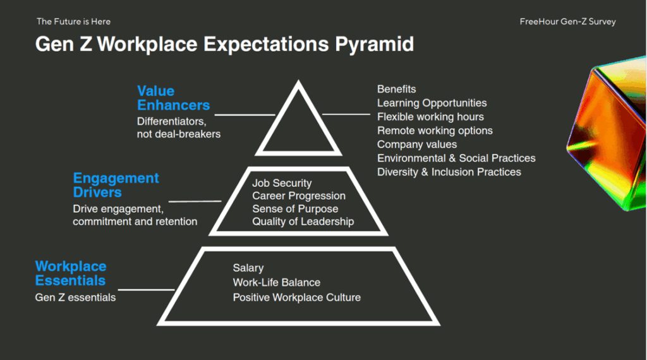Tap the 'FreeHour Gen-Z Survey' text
567,22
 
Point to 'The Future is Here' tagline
73,21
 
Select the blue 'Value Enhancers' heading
173,98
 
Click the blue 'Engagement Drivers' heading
116,185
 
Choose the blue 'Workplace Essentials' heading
71,273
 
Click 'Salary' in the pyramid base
248,268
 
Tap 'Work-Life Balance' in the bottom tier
277,282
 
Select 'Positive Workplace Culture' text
297,297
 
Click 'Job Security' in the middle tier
282,183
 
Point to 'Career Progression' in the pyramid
299,196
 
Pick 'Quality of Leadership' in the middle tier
303,222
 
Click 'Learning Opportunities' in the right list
432,103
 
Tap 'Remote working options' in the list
435,131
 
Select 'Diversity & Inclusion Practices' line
449,172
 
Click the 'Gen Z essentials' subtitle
75,297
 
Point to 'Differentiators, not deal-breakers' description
179,128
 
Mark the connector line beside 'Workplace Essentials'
146,290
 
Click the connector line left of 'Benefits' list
346,114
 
